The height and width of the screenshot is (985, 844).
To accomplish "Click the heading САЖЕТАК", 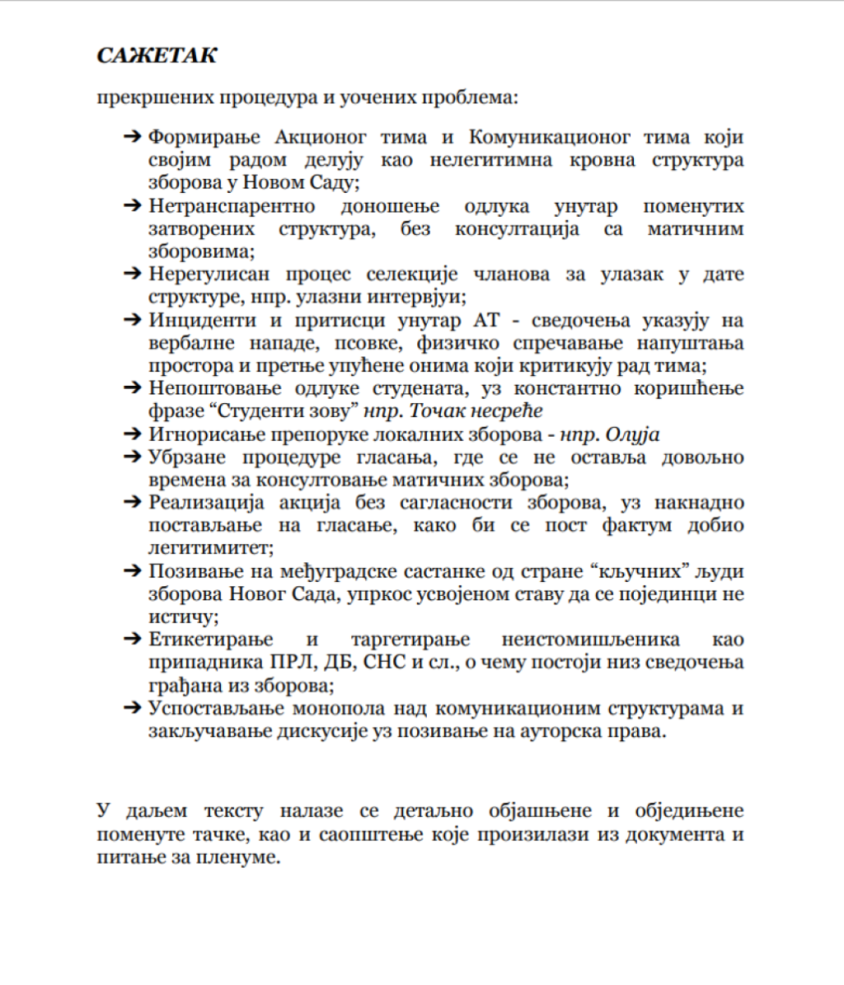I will coord(157,56).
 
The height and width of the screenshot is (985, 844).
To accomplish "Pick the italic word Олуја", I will coord(632,434).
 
